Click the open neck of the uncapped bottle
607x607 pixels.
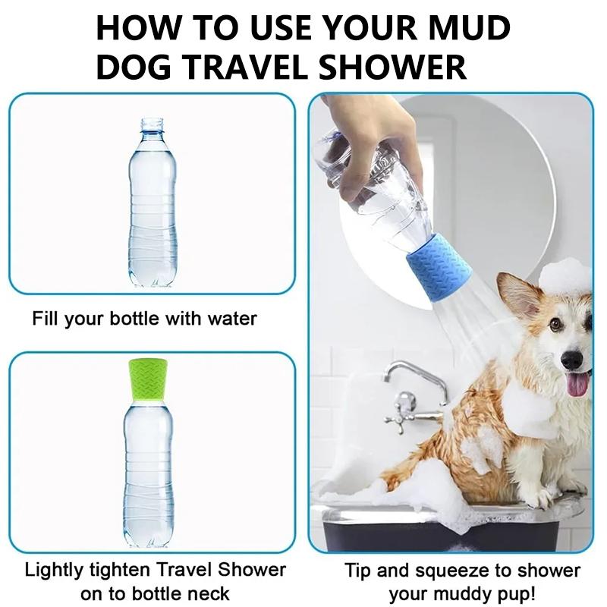[153, 124]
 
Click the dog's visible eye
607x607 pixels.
[556, 324]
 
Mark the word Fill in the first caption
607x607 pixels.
[46, 318]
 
